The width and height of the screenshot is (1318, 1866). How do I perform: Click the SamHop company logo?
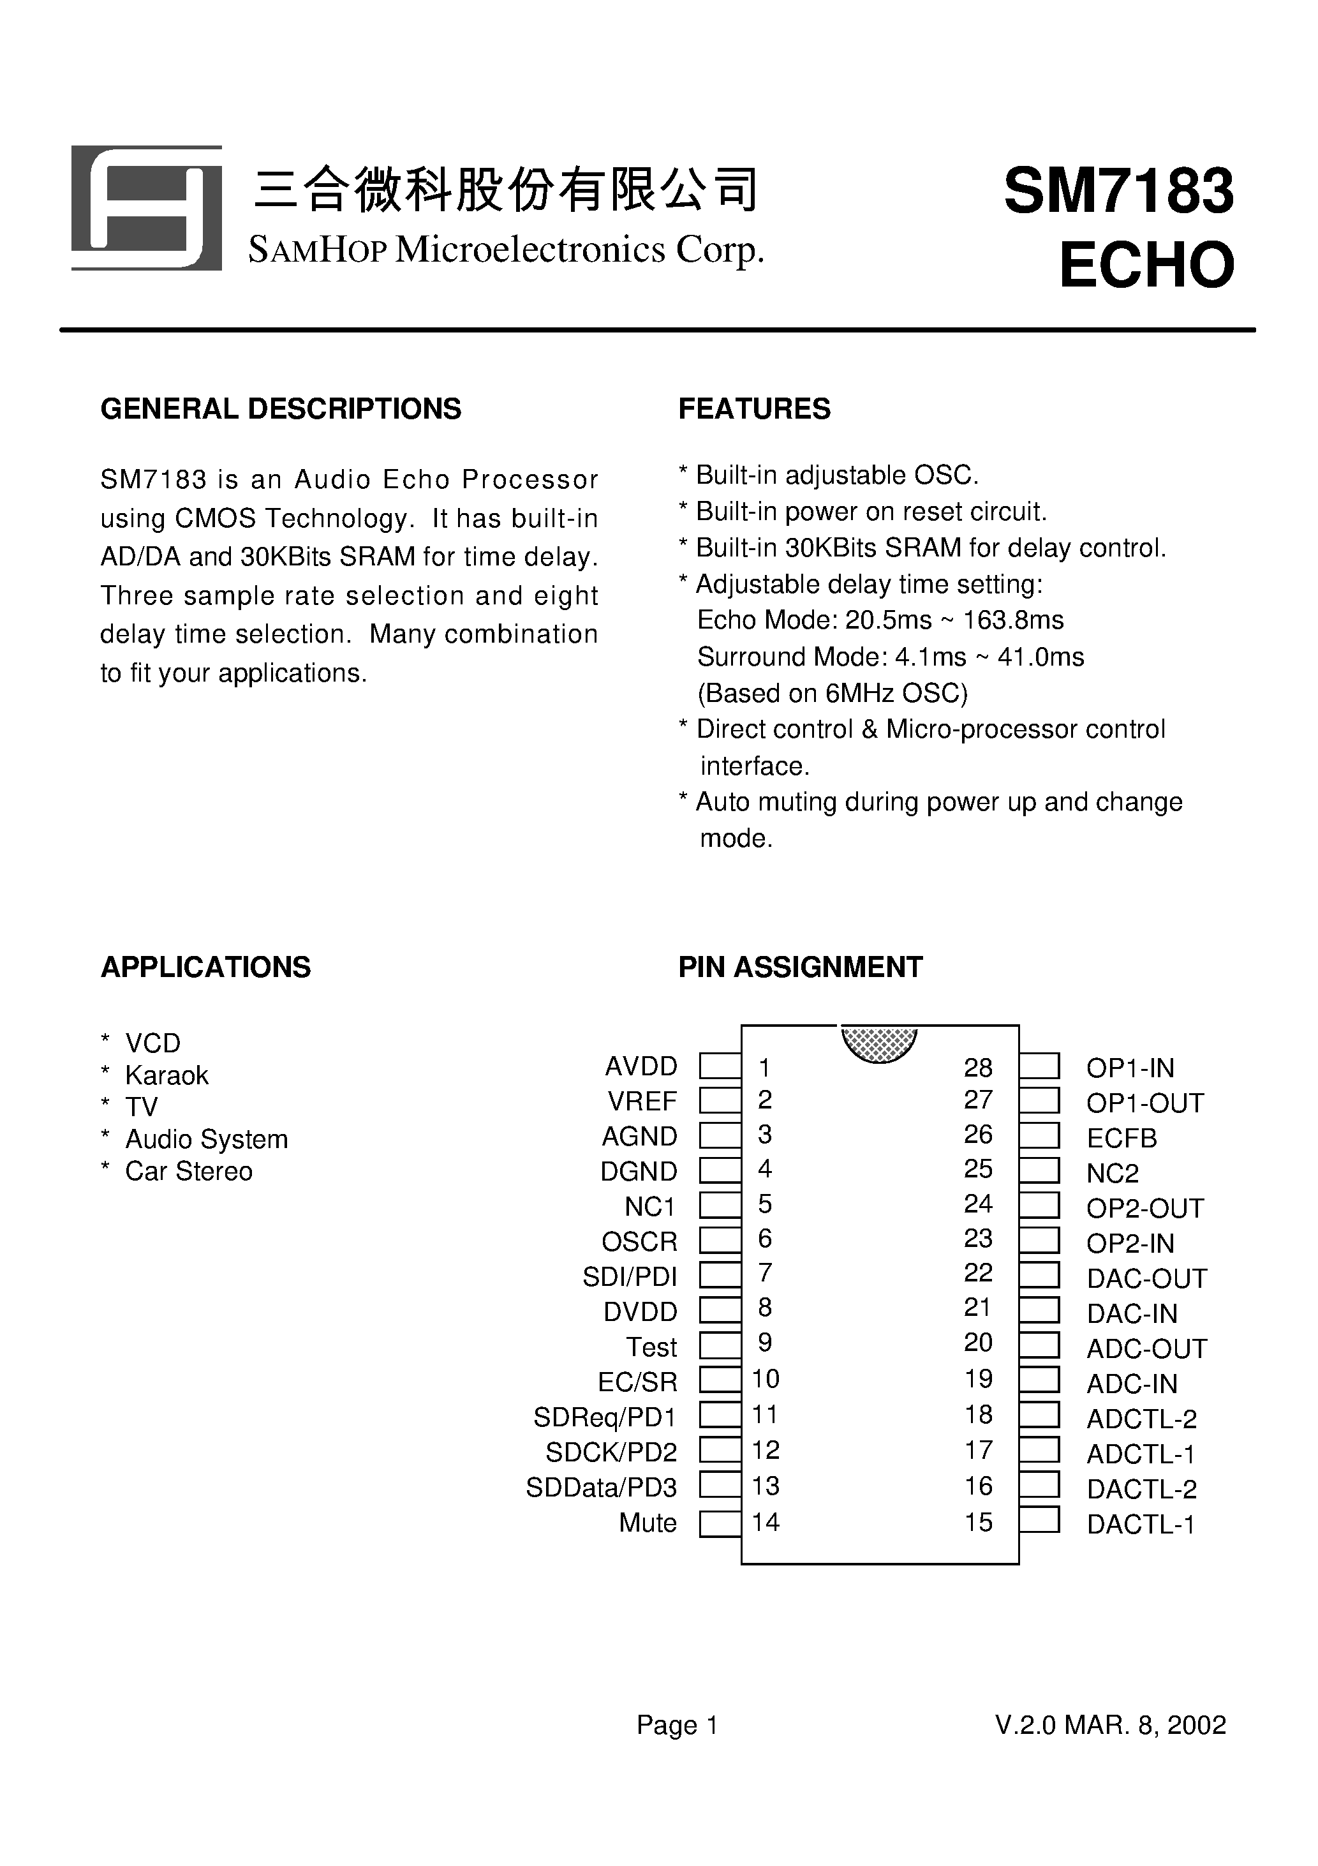[x=146, y=208]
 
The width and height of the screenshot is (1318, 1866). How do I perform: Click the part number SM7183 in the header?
[x=1119, y=192]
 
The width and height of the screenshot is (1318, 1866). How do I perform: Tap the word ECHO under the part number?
[x=1146, y=265]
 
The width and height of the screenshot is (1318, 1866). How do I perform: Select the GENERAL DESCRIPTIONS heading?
[x=280, y=409]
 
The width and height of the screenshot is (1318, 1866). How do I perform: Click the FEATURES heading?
[x=754, y=409]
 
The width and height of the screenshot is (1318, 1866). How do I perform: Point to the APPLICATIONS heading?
[x=205, y=967]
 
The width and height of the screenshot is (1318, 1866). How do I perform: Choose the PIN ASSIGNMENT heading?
[x=801, y=967]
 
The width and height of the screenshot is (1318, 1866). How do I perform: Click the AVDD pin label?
[x=641, y=1066]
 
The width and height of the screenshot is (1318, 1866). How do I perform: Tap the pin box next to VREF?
[x=720, y=1100]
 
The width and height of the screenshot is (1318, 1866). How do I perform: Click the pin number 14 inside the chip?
[x=766, y=1522]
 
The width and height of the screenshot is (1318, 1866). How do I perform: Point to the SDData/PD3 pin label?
[x=602, y=1488]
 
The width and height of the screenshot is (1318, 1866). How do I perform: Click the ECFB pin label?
[x=1122, y=1138]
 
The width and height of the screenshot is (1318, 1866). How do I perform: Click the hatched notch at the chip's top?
[x=879, y=1042]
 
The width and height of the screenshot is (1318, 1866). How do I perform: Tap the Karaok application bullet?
[x=167, y=1075]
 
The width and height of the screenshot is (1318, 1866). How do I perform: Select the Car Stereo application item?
[x=189, y=1171]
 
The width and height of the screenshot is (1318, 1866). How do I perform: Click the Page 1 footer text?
[x=677, y=1724]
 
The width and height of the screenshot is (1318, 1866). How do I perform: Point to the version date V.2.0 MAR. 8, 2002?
[x=1111, y=1724]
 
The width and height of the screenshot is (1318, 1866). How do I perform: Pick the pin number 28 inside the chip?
[x=979, y=1067]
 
